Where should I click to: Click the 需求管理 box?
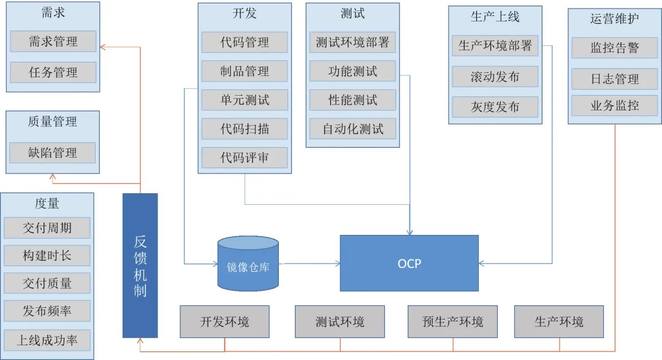[53, 42]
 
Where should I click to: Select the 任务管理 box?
[53, 72]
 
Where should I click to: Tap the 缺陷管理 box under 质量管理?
[53, 153]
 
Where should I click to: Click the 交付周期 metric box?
[47, 228]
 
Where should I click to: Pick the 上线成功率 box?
[47, 340]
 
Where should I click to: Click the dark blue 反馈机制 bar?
[140, 266]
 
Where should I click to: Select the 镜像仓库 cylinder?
[248, 264]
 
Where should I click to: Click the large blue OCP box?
[409, 264]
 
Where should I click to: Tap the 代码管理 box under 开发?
[245, 42]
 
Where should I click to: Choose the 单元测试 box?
[245, 100]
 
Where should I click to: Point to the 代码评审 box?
[245, 158]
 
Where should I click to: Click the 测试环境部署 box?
[352, 42]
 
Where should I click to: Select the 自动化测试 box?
[352, 129]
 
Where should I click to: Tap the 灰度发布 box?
[495, 107]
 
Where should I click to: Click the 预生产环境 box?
[453, 321]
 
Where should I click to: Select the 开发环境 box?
[225, 321]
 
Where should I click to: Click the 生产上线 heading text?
[495, 17]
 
